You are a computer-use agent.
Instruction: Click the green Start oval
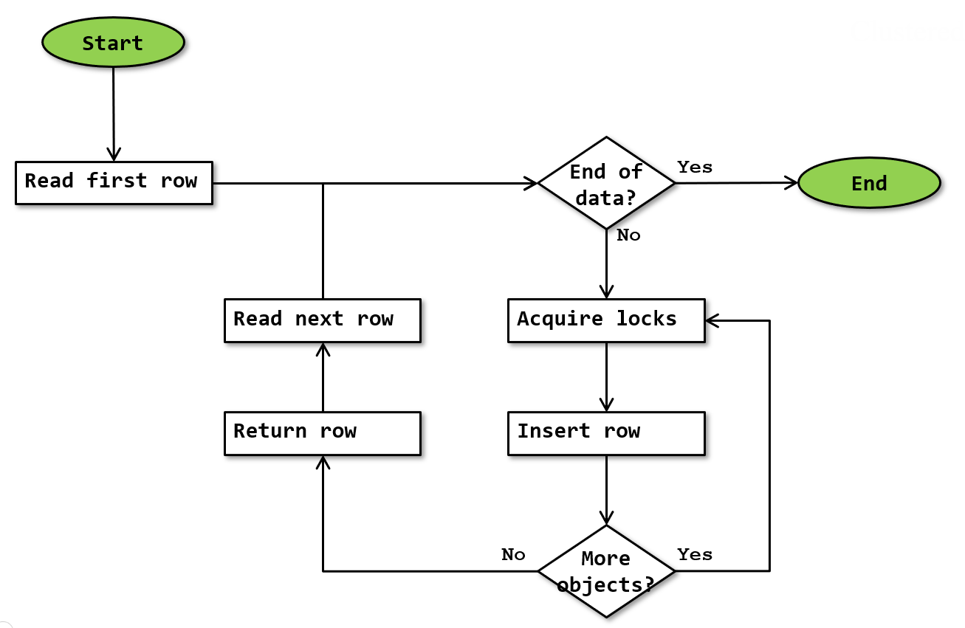(112, 43)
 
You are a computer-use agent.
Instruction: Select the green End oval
(868, 183)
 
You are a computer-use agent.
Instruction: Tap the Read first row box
(114, 182)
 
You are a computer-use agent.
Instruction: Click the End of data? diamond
(606, 183)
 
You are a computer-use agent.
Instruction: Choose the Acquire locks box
(606, 320)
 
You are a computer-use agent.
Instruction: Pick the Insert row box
(606, 432)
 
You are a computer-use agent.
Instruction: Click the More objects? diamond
(606, 571)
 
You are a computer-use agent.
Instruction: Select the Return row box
(323, 432)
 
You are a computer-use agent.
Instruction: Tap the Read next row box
(323, 320)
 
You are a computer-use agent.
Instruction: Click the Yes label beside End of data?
(695, 168)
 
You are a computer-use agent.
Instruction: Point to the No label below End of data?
(628, 235)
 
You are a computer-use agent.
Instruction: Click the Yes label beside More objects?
(695, 554)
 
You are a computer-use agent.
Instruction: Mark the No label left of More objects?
(513, 554)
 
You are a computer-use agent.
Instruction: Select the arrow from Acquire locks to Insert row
(606, 376)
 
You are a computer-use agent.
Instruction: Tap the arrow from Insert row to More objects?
(606, 489)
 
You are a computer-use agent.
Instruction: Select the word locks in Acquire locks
(647, 320)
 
